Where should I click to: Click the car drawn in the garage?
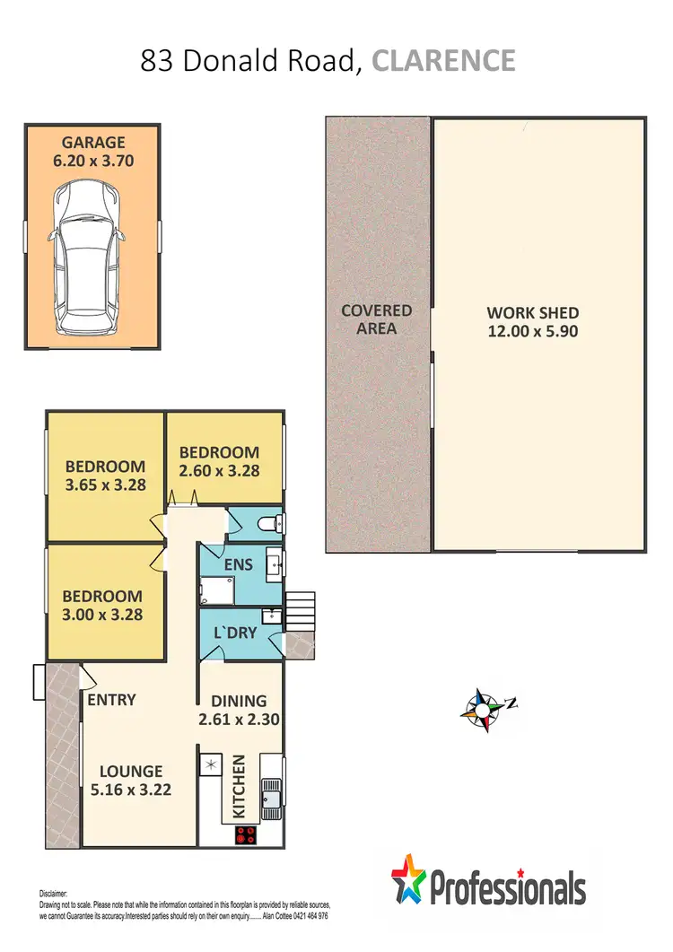(x=86, y=259)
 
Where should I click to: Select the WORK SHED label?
(x=532, y=313)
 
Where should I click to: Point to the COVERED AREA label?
(x=376, y=319)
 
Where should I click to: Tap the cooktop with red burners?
(x=247, y=835)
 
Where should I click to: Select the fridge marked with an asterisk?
(x=210, y=764)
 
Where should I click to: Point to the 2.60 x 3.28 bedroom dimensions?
(x=219, y=471)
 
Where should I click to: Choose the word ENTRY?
(x=111, y=699)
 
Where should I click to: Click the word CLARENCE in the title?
(x=443, y=61)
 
